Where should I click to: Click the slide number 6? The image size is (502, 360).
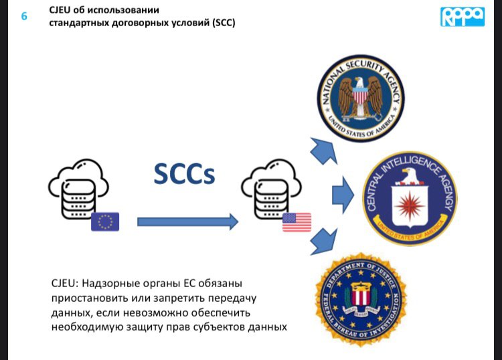(x=24, y=16)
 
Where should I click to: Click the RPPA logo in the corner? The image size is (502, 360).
(x=462, y=17)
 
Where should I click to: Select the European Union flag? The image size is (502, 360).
(x=105, y=221)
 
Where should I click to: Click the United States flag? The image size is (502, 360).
(x=297, y=221)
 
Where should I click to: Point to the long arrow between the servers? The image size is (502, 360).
(x=187, y=221)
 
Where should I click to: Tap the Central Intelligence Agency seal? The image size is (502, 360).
(x=410, y=199)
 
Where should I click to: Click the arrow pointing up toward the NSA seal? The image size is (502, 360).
(x=324, y=151)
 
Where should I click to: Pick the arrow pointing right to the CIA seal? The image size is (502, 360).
(x=342, y=195)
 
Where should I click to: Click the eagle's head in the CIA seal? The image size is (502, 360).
(x=410, y=175)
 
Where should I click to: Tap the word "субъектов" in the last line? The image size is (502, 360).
(x=238, y=327)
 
